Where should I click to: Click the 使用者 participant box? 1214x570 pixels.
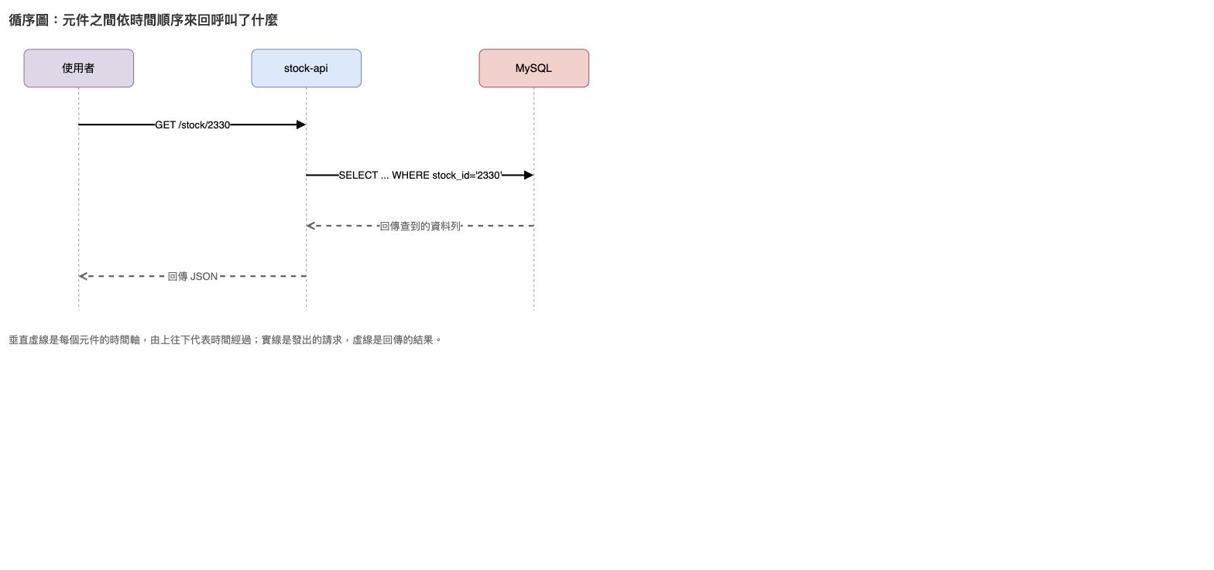click(x=79, y=68)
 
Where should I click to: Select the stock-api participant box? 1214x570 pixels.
click(x=307, y=68)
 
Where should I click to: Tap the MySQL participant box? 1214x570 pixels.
click(x=534, y=68)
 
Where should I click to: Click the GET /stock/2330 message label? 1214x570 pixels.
click(x=192, y=125)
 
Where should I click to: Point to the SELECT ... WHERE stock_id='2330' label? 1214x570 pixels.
click(x=420, y=176)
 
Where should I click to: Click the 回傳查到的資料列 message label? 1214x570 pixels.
click(x=420, y=226)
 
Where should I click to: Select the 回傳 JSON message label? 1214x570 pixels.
click(x=192, y=276)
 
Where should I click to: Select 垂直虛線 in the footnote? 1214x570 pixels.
click(x=29, y=340)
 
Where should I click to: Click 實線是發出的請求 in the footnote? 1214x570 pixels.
click(x=302, y=340)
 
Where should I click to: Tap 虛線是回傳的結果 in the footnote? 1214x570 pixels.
click(x=393, y=340)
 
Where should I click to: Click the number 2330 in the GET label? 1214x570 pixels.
click(x=218, y=125)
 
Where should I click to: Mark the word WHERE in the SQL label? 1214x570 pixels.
click(x=410, y=176)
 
